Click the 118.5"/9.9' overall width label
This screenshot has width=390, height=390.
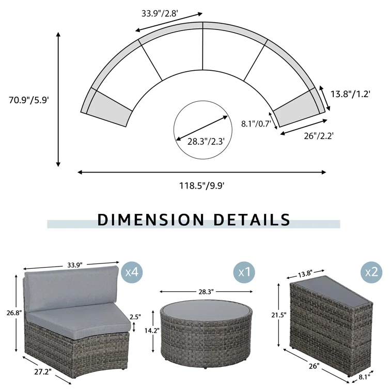(202, 185)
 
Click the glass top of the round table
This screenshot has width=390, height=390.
(207, 313)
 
